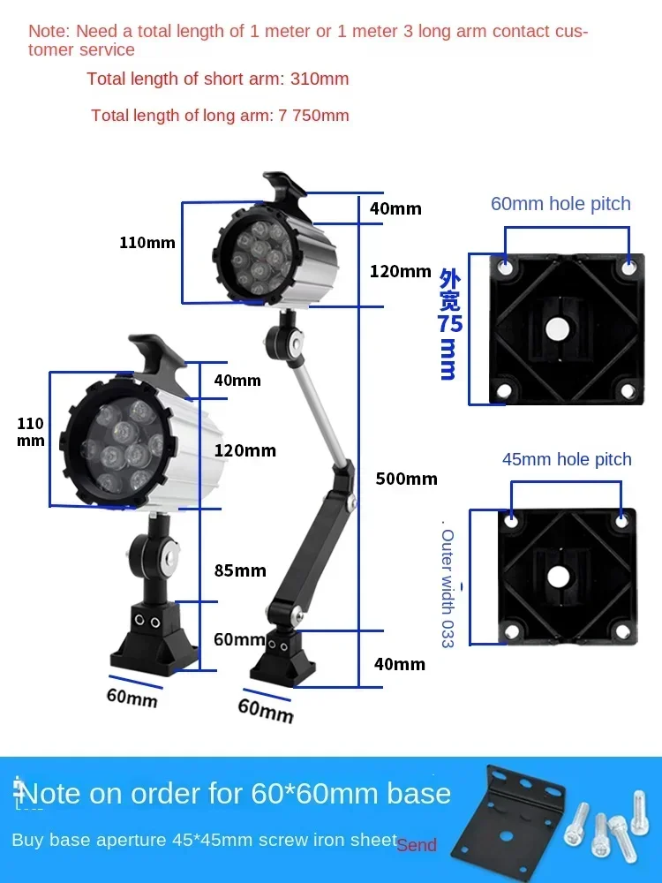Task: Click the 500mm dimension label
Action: pos(406,479)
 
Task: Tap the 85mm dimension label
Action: pos(240,570)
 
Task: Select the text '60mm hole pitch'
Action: pos(560,204)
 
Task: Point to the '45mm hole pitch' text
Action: pos(567,459)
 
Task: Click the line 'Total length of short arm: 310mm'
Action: pos(218,79)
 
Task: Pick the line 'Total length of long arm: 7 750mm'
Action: pos(220,115)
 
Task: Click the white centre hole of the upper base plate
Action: pos(556,329)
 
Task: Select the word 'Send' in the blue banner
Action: pos(417,845)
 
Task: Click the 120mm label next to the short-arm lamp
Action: pos(244,450)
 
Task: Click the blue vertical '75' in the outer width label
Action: pos(450,324)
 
